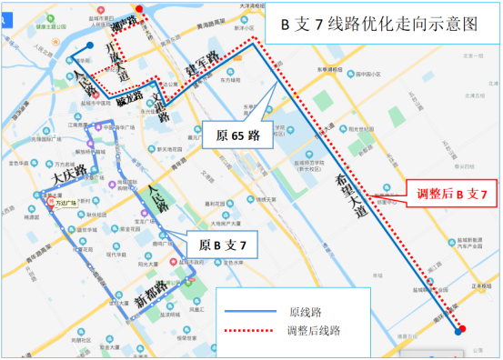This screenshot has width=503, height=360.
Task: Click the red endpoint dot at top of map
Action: (x=139, y=10)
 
